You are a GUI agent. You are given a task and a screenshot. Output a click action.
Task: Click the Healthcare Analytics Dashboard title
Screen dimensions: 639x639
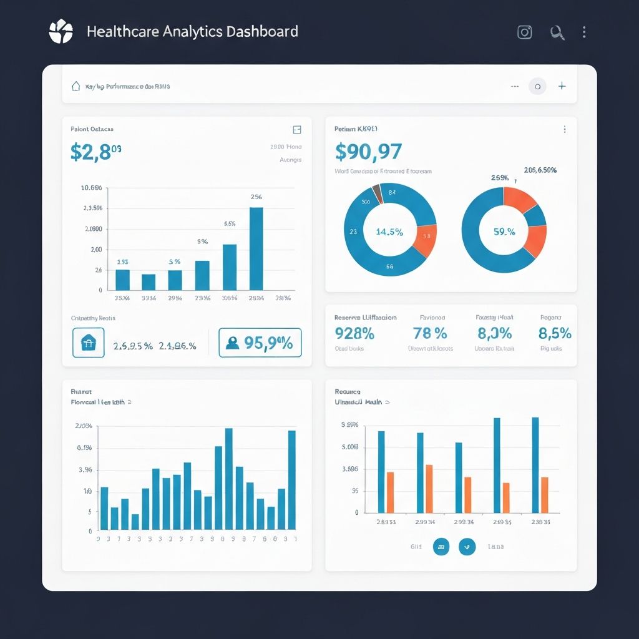click(192, 32)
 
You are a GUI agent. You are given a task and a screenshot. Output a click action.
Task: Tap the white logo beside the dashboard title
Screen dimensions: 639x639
click(61, 32)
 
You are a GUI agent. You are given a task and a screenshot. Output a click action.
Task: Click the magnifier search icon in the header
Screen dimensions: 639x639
click(557, 32)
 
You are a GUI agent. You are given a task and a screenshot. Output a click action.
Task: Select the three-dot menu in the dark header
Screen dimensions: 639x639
click(584, 32)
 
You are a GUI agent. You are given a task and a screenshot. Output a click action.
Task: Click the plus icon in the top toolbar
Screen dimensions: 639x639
click(562, 86)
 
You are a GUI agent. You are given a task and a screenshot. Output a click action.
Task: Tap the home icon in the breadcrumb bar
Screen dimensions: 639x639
click(76, 86)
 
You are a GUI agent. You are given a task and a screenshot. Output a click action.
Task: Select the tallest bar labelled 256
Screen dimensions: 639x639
click(256, 248)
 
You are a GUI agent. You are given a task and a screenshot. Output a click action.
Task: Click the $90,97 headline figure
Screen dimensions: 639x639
click(368, 151)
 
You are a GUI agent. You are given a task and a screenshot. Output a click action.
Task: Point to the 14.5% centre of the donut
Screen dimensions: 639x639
click(389, 232)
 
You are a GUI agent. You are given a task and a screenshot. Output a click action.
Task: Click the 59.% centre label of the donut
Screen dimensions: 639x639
click(504, 232)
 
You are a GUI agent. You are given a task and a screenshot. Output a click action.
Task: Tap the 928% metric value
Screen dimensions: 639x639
click(354, 333)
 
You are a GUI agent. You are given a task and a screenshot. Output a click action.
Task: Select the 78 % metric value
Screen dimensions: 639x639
click(430, 333)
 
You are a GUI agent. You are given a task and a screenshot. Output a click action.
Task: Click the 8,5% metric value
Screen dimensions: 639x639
click(555, 333)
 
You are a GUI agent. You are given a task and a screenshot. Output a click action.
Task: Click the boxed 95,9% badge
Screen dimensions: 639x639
click(260, 343)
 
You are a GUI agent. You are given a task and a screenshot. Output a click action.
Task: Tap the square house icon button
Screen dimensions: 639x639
click(88, 343)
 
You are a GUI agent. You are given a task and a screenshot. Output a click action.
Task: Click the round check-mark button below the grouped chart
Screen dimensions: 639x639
click(467, 547)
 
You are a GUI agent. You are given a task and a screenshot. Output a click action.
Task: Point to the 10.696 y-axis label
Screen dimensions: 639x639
click(91, 188)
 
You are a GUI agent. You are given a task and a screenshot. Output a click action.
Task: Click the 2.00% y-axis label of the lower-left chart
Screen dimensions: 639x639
click(84, 426)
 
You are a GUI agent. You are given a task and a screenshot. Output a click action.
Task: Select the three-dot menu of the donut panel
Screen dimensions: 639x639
click(565, 129)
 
